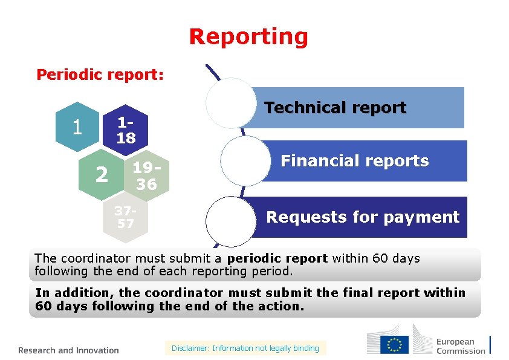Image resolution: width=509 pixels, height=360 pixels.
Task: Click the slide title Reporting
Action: pos(248,37)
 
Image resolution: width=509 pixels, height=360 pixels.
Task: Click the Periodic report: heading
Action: pos(100,74)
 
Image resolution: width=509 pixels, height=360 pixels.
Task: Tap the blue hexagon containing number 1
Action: pos(77,126)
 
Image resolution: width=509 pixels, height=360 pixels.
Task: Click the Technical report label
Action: pos(336,108)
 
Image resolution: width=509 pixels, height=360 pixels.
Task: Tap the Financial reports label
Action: pos(355,161)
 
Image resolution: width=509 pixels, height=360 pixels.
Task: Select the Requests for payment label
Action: pos(363,217)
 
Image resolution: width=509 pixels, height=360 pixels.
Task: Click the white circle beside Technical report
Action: pos(231,103)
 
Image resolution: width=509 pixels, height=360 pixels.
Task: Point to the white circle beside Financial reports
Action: pos(245,161)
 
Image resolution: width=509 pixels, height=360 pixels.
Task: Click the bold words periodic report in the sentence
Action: pos(277,259)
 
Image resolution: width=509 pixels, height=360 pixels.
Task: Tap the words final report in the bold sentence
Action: pos(380,293)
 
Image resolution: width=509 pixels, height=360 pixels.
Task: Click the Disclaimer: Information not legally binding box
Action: pos(245,348)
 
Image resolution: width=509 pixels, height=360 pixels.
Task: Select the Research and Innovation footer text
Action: pos(68,350)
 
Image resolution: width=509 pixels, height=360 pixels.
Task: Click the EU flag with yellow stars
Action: pos(395,344)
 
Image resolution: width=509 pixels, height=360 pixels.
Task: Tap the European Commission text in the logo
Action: pos(461,346)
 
